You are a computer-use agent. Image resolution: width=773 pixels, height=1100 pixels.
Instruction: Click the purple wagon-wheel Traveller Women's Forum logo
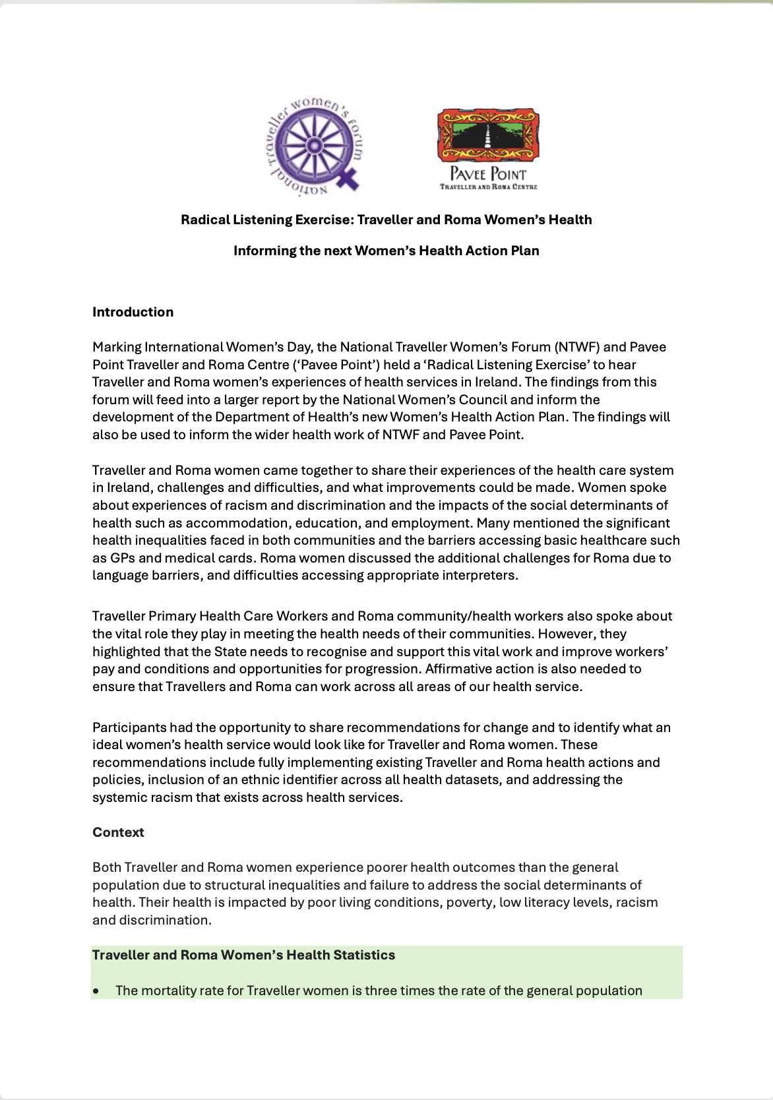pos(316,146)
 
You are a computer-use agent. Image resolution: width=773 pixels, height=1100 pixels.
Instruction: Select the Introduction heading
pos(133,312)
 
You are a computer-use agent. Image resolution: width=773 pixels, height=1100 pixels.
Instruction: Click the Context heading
pos(118,832)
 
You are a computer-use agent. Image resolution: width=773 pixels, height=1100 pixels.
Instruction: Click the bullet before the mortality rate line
pos(97,991)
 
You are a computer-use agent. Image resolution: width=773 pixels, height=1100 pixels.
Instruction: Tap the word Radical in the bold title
pos(205,220)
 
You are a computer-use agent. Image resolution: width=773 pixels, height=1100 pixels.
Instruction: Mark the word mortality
pos(168,991)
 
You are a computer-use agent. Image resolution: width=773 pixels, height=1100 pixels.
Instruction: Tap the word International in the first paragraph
pos(184,347)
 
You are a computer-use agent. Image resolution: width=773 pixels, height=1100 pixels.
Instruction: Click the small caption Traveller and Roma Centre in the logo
pos(489,187)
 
